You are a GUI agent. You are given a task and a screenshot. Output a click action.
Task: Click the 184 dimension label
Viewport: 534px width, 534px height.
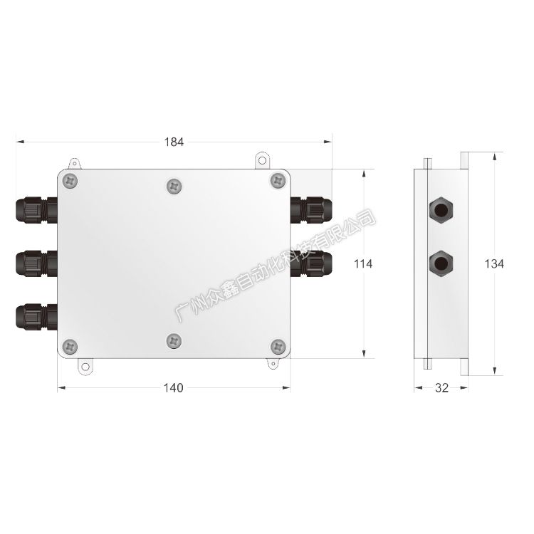click(x=174, y=142)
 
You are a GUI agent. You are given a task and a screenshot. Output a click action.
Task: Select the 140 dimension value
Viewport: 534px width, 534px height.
click(x=173, y=388)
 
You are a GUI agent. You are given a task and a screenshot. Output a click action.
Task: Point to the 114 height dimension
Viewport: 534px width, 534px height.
click(x=363, y=263)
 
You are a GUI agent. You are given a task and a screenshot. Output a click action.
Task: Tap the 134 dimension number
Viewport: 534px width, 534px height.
click(x=494, y=263)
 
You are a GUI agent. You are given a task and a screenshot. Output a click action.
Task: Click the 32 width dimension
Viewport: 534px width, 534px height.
click(x=441, y=388)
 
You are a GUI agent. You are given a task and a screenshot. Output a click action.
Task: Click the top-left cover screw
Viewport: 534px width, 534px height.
click(x=70, y=181)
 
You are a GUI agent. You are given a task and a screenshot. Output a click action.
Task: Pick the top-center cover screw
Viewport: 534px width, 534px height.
click(x=174, y=187)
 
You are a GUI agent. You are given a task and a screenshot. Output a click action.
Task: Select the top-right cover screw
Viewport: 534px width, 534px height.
click(x=278, y=181)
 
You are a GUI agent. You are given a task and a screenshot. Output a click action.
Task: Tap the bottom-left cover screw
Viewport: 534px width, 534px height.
click(x=70, y=347)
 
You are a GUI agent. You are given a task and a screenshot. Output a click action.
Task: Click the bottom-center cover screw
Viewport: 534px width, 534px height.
click(x=174, y=341)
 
